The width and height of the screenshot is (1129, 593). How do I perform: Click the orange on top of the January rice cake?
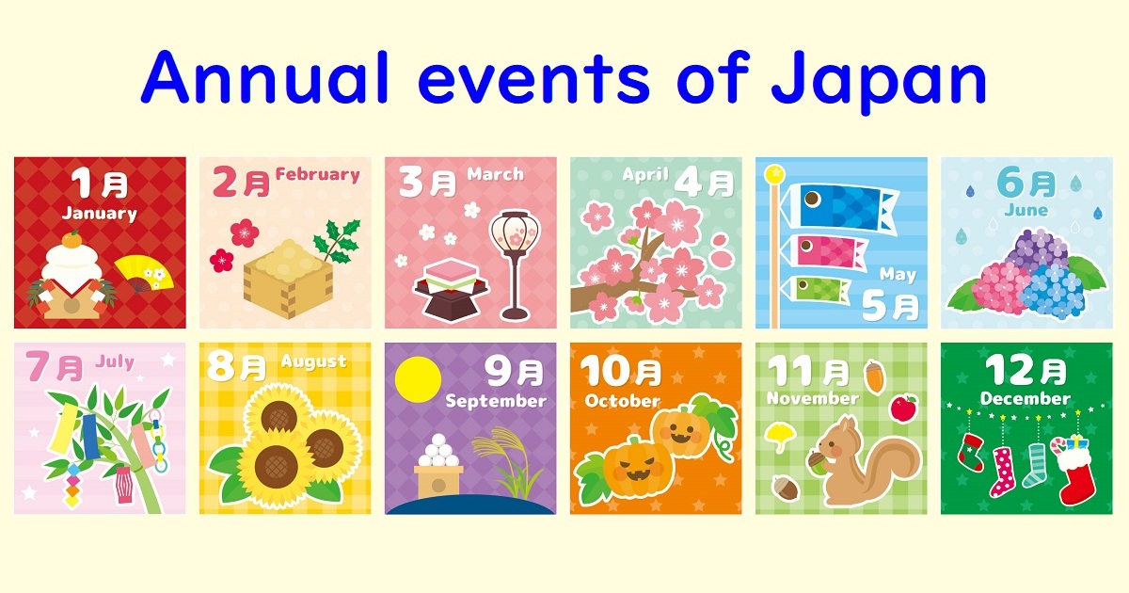click(71, 242)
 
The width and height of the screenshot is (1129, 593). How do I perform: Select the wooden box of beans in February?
click(279, 278)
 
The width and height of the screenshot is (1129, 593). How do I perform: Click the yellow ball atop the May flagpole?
click(774, 174)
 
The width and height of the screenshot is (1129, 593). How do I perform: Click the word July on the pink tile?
click(114, 361)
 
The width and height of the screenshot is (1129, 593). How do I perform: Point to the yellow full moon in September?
click(418, 378)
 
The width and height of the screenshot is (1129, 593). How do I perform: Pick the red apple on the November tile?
click(903, 409)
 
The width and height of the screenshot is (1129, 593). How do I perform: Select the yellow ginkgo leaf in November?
click(780, 434)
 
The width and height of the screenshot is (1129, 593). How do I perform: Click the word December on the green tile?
click(1025, 398)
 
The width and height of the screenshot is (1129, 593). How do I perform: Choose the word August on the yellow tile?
click(313, 361)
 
